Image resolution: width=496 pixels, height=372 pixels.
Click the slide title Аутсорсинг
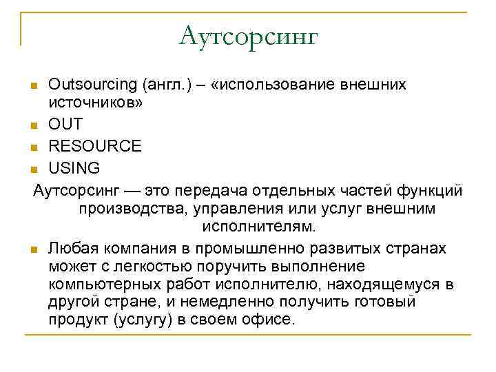coord(248,35)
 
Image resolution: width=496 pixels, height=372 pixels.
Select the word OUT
coord(65,125)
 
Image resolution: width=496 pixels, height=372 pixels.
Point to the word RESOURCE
coord(95,146)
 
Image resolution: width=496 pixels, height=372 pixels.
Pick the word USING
coord(74,167)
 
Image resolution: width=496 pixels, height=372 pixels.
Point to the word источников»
coord(95,103)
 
